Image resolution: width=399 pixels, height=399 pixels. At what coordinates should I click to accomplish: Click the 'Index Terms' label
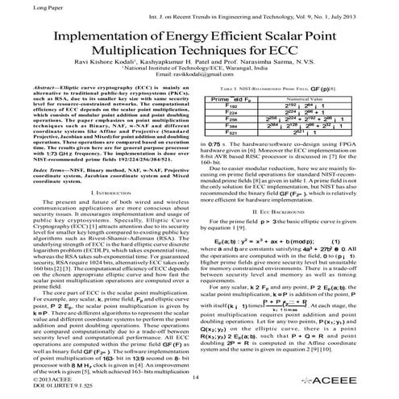click(35, 172)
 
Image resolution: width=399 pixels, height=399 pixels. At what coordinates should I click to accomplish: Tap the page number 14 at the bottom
click(197, 377)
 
